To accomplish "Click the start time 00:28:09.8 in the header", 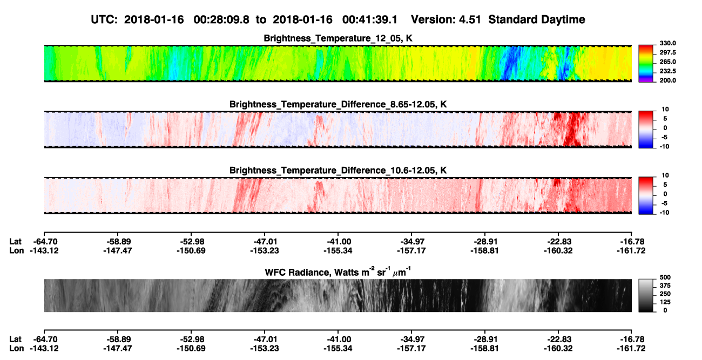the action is pyautogui.click(x=221, y=20).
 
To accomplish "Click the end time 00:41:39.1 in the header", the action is pyautogui.click(x=370, y=20).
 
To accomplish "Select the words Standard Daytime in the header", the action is pyautogui.click(x=537, y=20).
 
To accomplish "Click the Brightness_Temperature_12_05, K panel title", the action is pyautogui.click(x=338, y=38).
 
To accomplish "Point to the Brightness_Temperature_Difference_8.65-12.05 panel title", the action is pyautogui.click(x=338, y=104).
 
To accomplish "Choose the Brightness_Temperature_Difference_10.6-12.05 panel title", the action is pyautogui.click(x=338, y=171).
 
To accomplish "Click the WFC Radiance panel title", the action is pyautogui.click(x=337, y=271).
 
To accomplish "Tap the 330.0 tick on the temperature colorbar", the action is pyautogui.click(x=667, y=43).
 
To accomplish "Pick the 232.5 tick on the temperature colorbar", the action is pyautogui.click(x=667, y=71).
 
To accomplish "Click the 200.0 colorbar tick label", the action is pyautogui.click(x=667, y=80).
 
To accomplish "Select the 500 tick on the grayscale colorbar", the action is pyautogui.click(x=665, y=277).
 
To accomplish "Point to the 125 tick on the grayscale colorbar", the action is pyautogui.click(x=665, y=302).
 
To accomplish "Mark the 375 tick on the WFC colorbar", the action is pyautogui.click(x=665, y=286).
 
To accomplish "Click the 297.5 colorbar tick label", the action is pyautogui.click(x=667, y=52).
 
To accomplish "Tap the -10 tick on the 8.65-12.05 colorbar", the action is pyautogui.click(x=665, y=146).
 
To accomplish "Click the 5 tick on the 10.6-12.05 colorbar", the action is pyautogui.click(x=665, y=185).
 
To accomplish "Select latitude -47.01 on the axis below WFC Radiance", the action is pyautogui.click(x=265, y=339).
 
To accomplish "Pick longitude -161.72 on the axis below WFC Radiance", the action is pyautogui.click(x=631, y=349).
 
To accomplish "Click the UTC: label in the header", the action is pyautogui.click(x=104, y=20).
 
